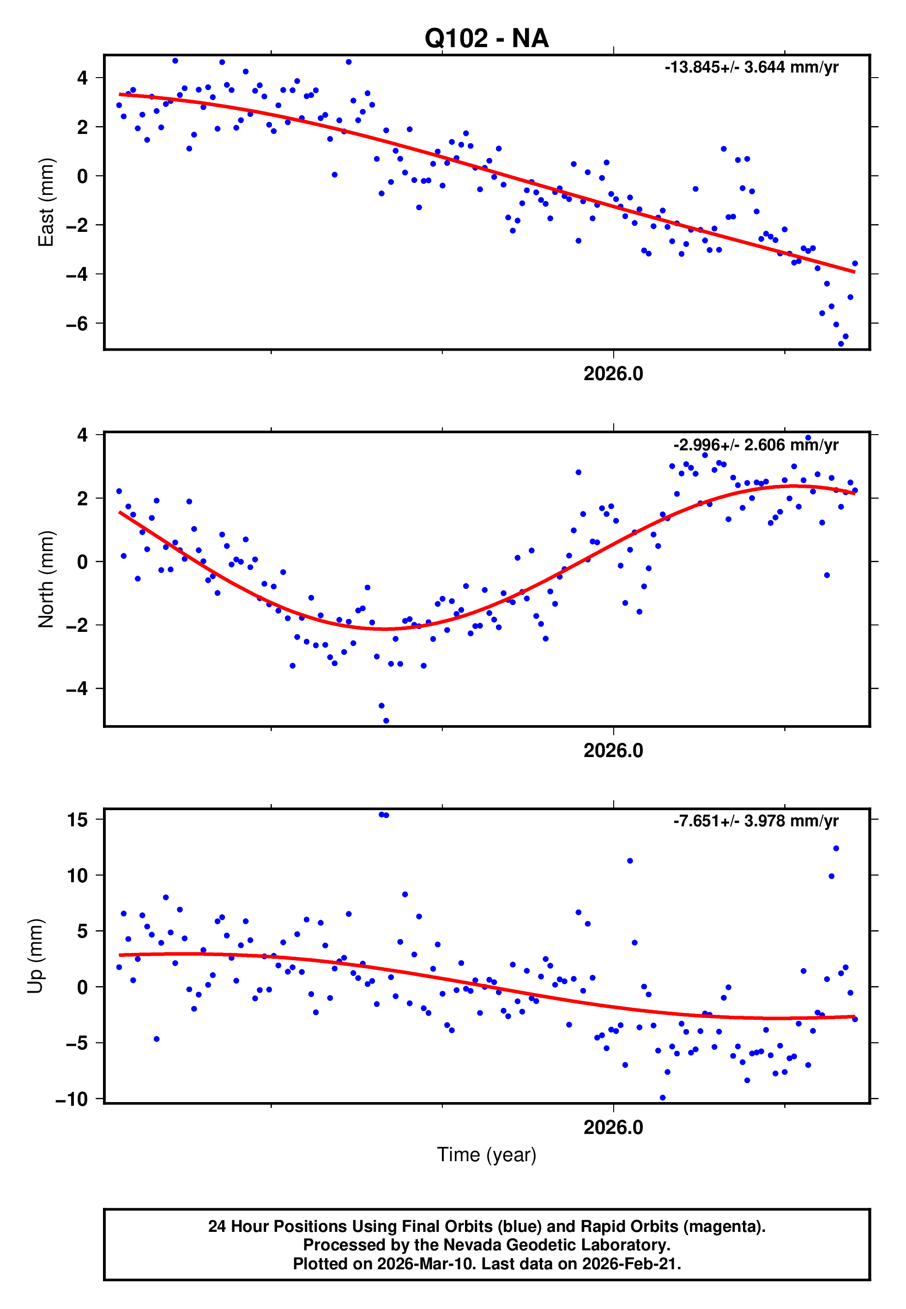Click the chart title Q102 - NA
pyautogui.click(x=487, y=39)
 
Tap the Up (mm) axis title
pyautogui.click(x=35, y=955)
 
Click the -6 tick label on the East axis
pyautogui.click(x=77, y=324)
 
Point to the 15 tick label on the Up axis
pyautogui.click(x=77, y=820)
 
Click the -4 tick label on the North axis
pyautogui.click(x=77, y=689)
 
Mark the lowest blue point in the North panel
pyautogui.click(x=386, y=721)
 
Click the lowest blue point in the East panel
pyautogui.click(x=841, y=344)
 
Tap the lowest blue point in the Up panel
pyautogui.click(x=663, y=1098)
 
